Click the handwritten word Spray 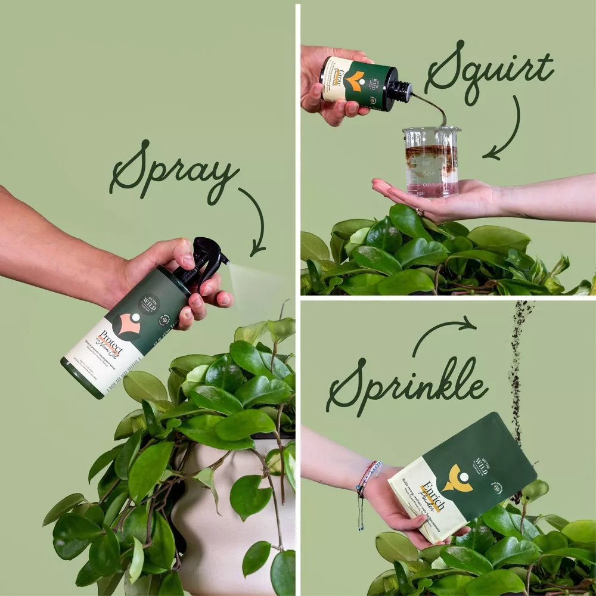click(173, 170)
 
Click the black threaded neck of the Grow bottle click(400, 91)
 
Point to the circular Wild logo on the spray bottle click(147, 305)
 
